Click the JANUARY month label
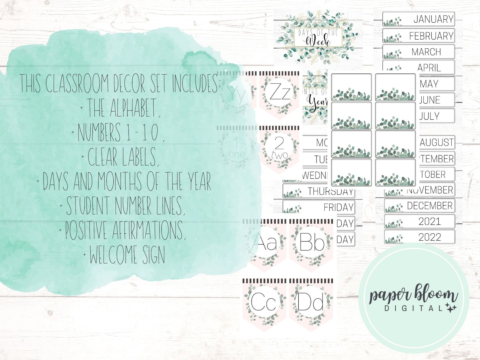point(419,19)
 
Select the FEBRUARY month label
point(419,36)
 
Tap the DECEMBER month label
point(420,206)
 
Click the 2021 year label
point(420,221)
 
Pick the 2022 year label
point(420,237)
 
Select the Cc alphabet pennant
point(264,302)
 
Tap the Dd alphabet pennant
point(311,302)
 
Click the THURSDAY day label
point(319,191)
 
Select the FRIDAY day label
point(319,207)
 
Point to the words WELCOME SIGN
point(127,255)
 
